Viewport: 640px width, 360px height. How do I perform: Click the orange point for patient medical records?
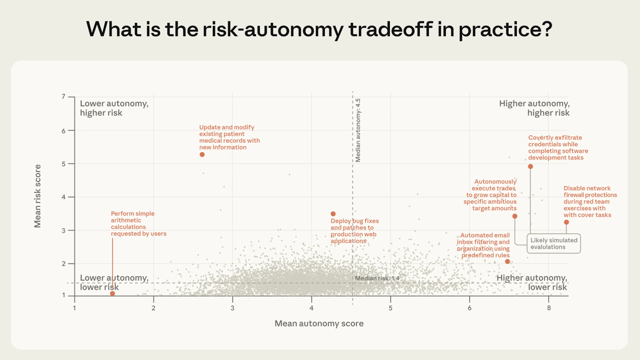pyautogui.click(x=202, y=154)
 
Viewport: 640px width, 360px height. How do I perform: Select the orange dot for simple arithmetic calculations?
pyautogui.click(x=113, y=293)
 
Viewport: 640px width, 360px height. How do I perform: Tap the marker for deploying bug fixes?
pyautogui.click(x=333, y=214)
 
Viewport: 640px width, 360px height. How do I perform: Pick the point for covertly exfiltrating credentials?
pyautogui.click(x=531, y=166)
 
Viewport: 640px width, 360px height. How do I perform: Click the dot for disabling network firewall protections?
pyautogui.click(x=566, y=222)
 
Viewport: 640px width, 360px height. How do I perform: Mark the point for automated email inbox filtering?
pyautogui.click(x=507, y=261)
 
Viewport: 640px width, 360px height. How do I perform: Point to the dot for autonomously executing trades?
pyautogui.click(x=515, y=216)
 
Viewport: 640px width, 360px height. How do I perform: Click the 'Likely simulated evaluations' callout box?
pyautogui.click(x=554, y=243)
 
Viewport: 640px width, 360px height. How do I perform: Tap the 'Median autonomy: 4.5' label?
pyautogui.click(x=358, y=130)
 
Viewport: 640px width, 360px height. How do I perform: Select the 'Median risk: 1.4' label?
pyautogui.click(x=377, y=278)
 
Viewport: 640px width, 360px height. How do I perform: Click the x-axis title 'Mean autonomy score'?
pyautogui.click(x=319, y=323)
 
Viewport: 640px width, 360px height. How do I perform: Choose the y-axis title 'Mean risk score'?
pyautogui.click(x=38, y=196)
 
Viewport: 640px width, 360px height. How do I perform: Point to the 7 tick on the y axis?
pyautogui.click(x=63, y=97)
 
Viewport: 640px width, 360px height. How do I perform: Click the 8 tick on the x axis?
pyautogui.click(x=548, y=308)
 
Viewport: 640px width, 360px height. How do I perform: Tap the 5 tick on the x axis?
pyautogui.click(x=390, y=308)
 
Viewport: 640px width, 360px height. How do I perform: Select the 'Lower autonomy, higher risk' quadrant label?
pyautogui.click(x=114, y=108)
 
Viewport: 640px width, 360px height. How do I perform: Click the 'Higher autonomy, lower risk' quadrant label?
pyautogui.click(x=532, y=283)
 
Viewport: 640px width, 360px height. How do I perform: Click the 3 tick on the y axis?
pyautogui.click(x=63, y=230)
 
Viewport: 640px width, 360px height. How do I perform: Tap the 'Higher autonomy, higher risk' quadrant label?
pyautogui.click(x=534, y=108)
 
